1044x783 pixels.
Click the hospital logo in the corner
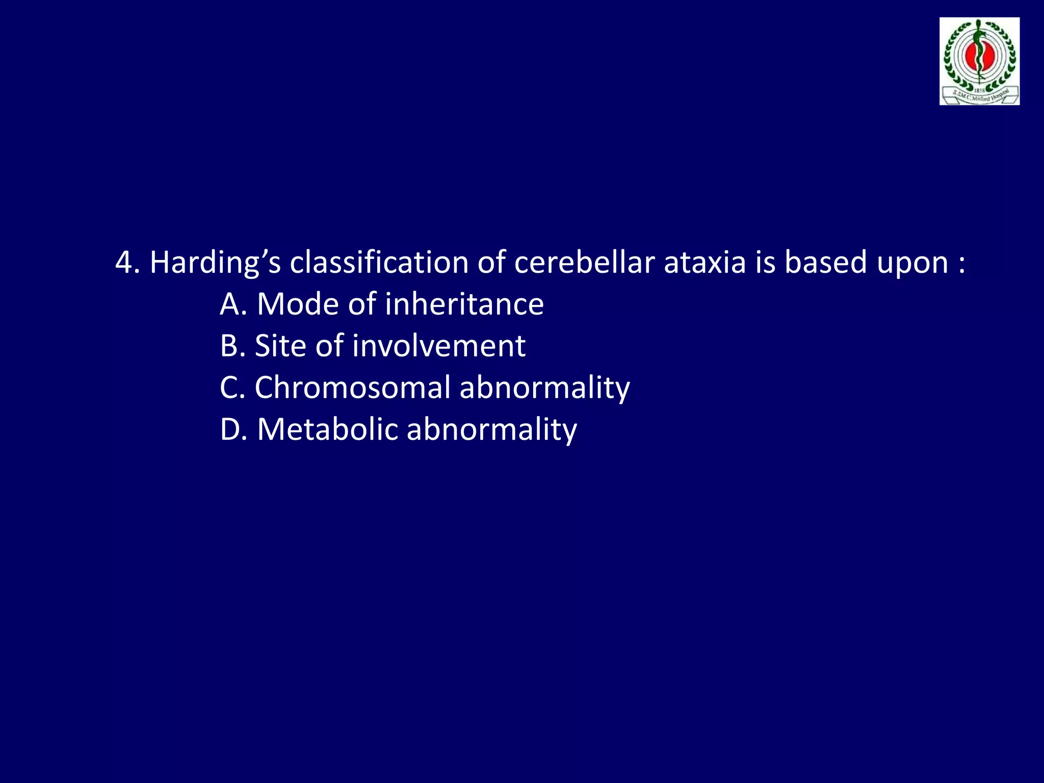(979, 61)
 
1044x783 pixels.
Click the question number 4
(124, 263)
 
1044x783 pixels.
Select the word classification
(379, 263)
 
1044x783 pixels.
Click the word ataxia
(705, 263)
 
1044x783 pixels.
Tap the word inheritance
(464, 305)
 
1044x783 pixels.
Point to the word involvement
(438, 346)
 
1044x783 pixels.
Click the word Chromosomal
(352, 388)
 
